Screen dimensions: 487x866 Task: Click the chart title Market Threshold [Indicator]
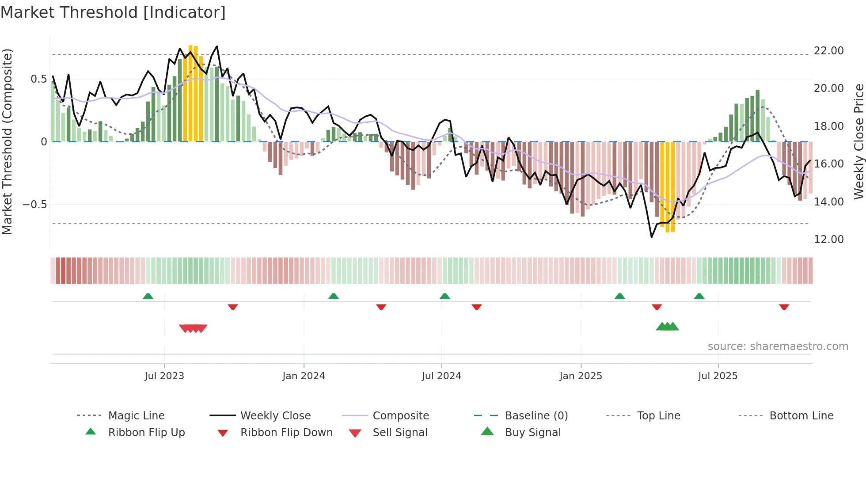(x=113, y=12)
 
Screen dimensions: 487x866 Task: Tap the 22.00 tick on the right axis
(x=828, y=51)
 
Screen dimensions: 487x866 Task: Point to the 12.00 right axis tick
(x=828, y=240)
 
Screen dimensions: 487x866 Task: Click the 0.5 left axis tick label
(x=38, y=79)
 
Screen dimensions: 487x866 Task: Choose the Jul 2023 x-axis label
(x=164, y=376)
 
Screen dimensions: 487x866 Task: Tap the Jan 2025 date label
(x=581, y=376)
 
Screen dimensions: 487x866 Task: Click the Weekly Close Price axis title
(x=858, y=141)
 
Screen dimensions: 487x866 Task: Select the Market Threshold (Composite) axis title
(x=7, y=141)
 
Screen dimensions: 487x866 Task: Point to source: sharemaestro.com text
(x=778, y=346)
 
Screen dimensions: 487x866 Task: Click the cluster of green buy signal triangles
(x=667, y=327)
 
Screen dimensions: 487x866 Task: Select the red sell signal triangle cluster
(x=193, y=328)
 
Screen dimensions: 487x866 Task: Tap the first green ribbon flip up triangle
(x=148, y=296)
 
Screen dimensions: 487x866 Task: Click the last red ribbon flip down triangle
(x=784, y=307)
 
